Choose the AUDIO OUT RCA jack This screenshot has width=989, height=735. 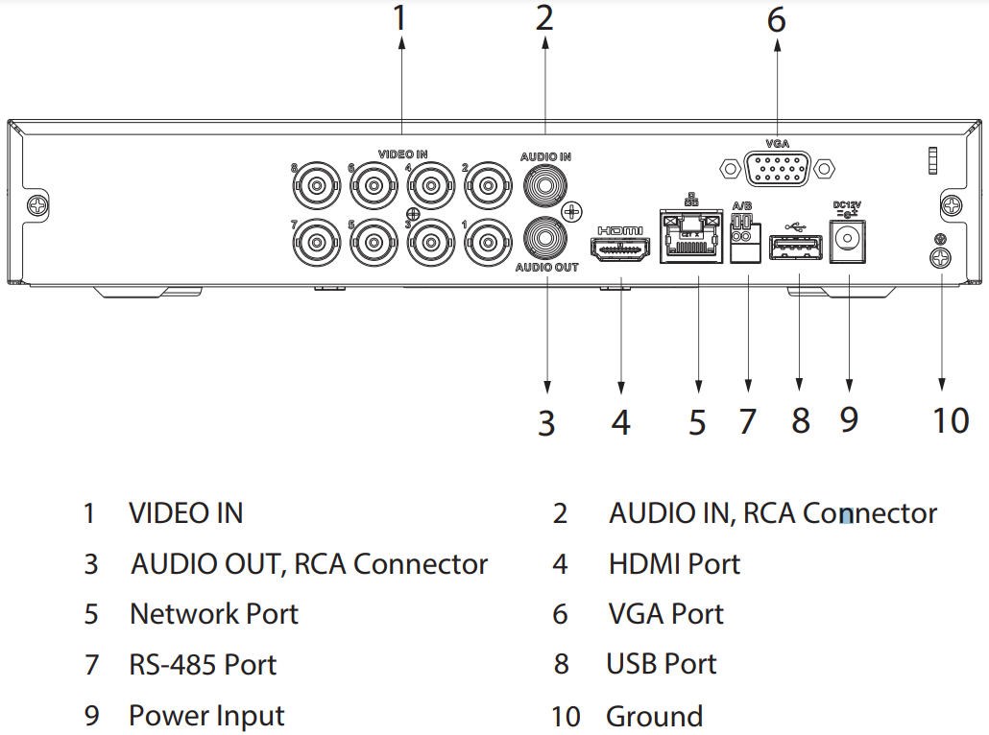tap(545, 235)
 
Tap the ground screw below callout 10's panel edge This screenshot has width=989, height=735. tap(942, 257)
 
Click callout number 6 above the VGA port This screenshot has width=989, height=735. tap(776, 19)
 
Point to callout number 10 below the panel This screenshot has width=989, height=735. tap(951, 420)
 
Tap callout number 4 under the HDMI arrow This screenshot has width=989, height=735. tap(621, 422)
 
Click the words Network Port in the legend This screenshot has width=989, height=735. tap(214, 614)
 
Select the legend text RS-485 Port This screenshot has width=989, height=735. tap(203, 665)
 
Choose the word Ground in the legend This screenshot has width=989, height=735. tap(654, 716)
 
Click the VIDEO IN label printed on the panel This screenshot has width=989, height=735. tap(402, 154)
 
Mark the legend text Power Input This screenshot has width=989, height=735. tap(206, 716)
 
